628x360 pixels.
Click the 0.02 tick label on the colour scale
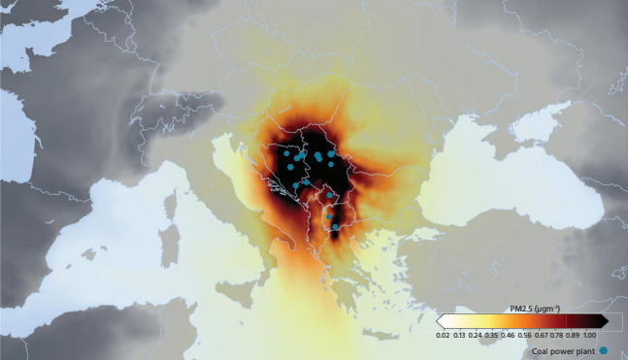(x=443, y=334)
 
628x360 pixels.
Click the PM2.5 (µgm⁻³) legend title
(x=533, y=309)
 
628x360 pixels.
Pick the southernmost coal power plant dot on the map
(x=336, y=227)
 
